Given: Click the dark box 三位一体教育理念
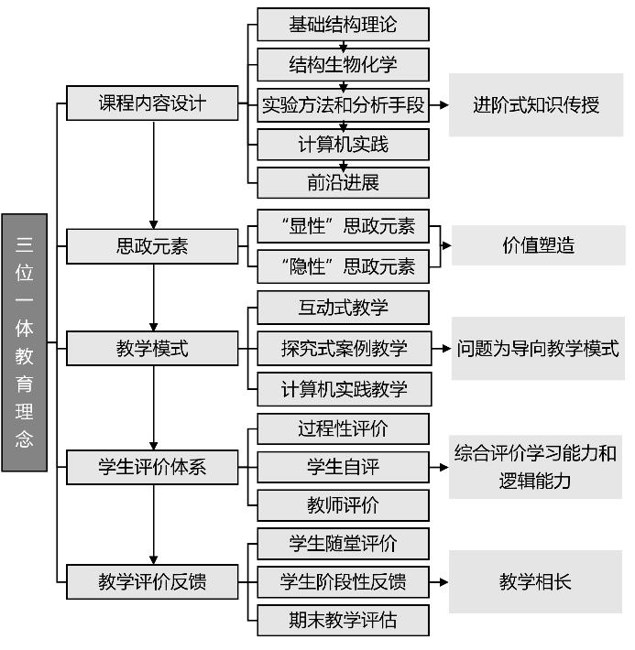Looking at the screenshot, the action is [25, 342].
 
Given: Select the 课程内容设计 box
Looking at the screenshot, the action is [152, 103].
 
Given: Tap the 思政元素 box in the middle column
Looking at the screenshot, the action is [152, 246].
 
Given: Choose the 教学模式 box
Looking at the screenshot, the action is [152, 348].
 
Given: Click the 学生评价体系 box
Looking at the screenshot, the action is [152, 467].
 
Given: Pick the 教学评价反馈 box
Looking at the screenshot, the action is [152, 581].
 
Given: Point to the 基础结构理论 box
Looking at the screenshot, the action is [344, 25].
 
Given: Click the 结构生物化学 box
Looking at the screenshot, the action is [344, 65].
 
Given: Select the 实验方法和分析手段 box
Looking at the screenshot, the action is [344, 105].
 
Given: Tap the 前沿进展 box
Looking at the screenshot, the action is [344, 183].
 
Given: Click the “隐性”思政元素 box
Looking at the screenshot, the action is [344, 266].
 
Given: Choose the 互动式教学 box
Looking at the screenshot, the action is [344, 308].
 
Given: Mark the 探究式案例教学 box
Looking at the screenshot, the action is [345, 348].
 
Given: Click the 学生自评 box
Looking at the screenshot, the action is [344, 467].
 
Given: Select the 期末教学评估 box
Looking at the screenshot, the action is [344, 620].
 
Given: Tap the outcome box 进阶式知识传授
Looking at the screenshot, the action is [536, 105].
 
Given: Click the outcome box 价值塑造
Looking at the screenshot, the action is [538, 245].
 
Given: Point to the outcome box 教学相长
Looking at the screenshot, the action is [535, 581].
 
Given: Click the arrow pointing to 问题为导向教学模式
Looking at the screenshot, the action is [442, 349].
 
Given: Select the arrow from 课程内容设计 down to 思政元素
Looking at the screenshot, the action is [154, 175].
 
